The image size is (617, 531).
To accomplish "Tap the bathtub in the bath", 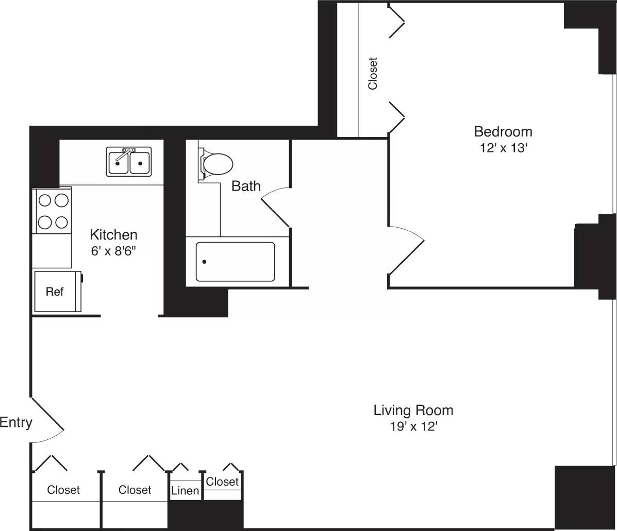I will (x=235, y=262).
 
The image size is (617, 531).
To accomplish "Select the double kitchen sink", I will (x=129, y=162).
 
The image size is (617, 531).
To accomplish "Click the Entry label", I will (x=16, y=423).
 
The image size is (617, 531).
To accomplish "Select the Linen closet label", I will (x=185, y=491).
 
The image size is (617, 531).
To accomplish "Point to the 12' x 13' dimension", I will (x=503, y=148).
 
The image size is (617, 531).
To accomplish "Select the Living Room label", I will (x=413, y=410).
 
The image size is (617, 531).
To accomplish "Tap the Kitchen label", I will (x=113, y=235).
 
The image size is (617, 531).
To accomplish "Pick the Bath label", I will (x=246, y=186).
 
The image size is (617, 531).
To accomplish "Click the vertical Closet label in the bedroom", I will (x=373, y=73).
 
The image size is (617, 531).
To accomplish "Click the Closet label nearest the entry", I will (x=63, y=490).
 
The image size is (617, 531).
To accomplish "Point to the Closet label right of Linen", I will (x=222, y=482).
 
